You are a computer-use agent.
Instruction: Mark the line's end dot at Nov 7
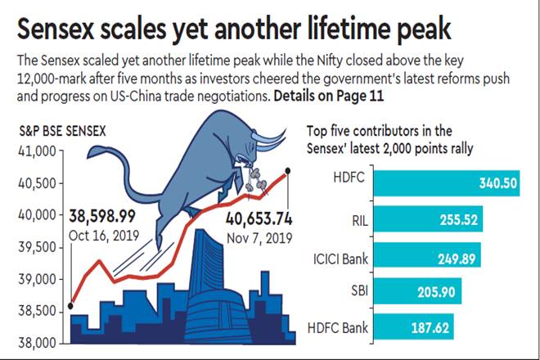(287, 171)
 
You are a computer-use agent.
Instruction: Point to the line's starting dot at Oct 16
(71, 307)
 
